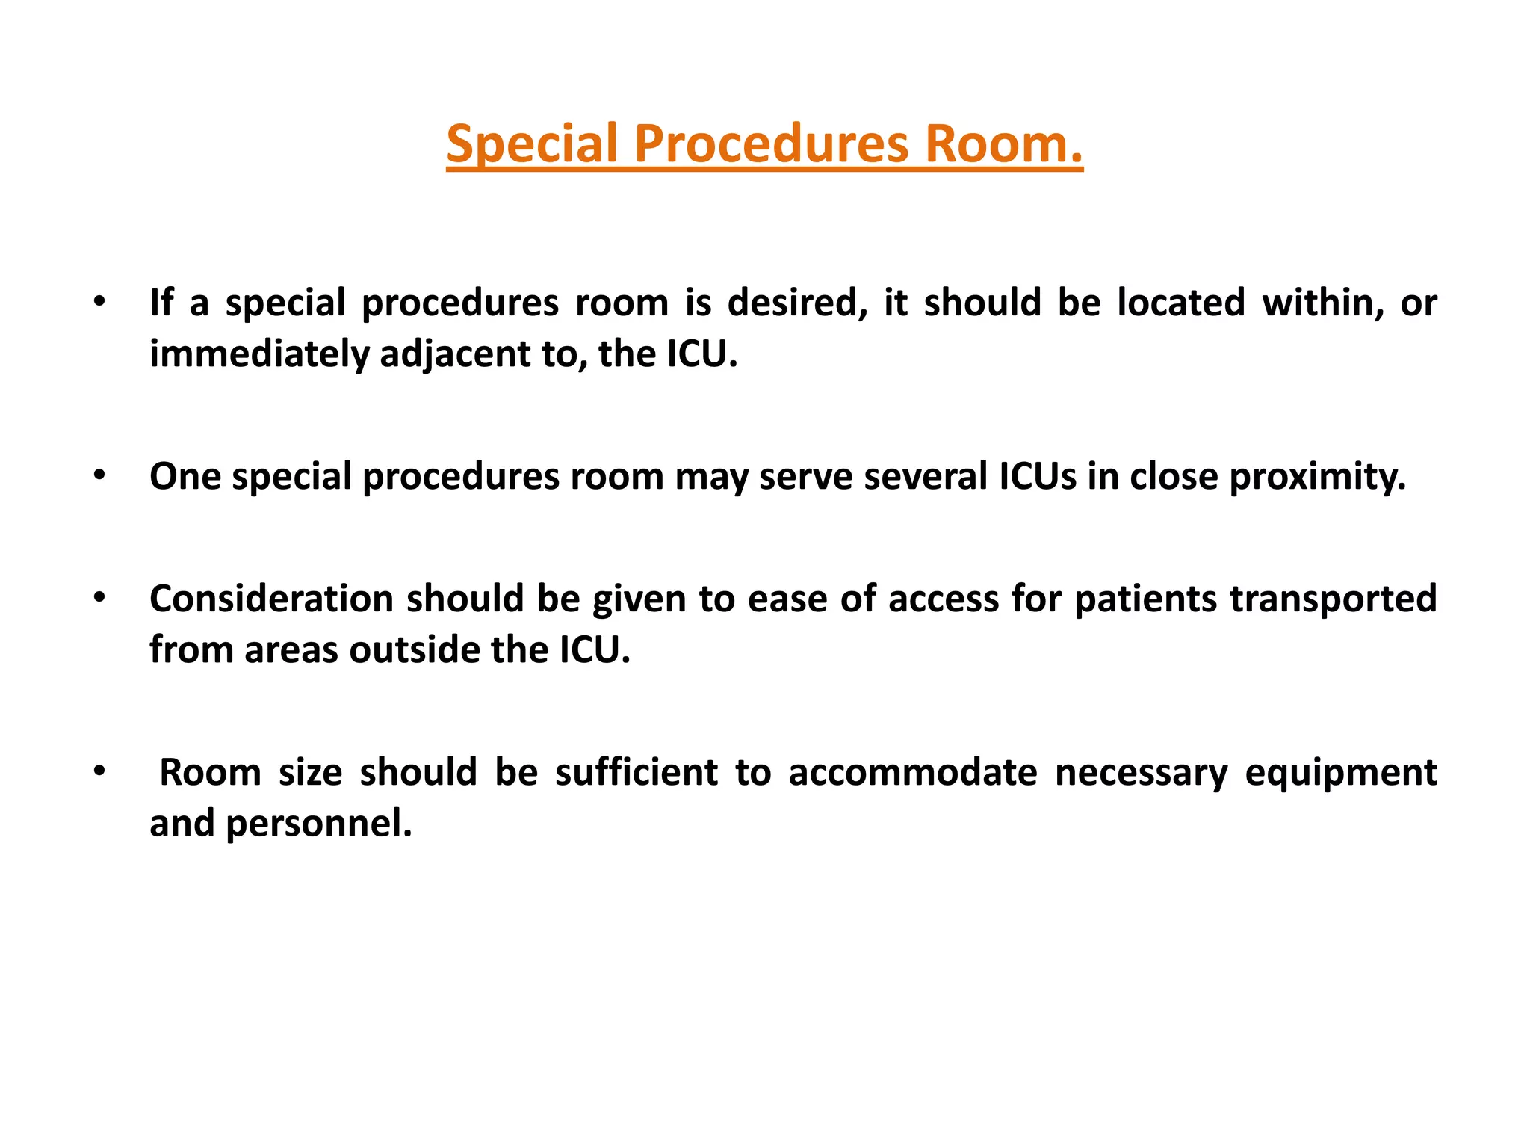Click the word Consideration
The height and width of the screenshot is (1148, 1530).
271,599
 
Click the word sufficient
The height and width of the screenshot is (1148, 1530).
636,772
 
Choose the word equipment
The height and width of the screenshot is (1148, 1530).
1340,772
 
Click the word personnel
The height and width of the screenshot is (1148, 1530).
319,823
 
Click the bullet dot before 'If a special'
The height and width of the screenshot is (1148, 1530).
99,302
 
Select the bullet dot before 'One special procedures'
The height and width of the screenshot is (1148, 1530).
99,475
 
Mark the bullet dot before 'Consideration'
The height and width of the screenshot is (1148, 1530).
99,598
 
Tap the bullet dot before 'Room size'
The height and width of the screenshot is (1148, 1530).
99,771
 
